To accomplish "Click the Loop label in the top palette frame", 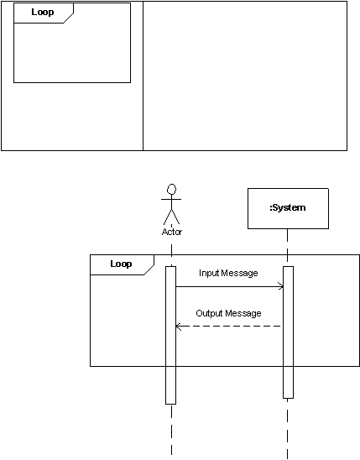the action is pyautogui.click(x=43, y=12).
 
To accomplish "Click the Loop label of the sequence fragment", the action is pyautogui.click(x=121, y=264).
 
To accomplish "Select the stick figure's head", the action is pyautogui.click(x=171, y=189).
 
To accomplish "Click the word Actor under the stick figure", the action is pyautogui.click(x=172, y=232).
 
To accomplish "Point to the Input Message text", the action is pyautogui.click(x=228, y=273).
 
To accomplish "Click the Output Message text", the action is pyautogui.click(x=228, y=313).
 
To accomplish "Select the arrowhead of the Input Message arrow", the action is pyautogui.click(x=280, y=286).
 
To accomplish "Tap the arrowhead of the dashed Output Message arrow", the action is pyautogui.click(x=179, y=327).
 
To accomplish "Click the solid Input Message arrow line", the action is pyautogui.click(x=230, y=286).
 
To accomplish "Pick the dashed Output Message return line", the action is pyautogui.click(x=228, y=327).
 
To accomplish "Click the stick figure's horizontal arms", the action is pyautogui.click(x=171, y=199).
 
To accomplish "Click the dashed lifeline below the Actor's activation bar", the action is pyautogui.click(x=171, y=431).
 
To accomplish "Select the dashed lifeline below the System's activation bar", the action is pyautogui.click(x=288, y=429).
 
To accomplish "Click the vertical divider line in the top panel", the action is pyautogui.click(x=143, y=76).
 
